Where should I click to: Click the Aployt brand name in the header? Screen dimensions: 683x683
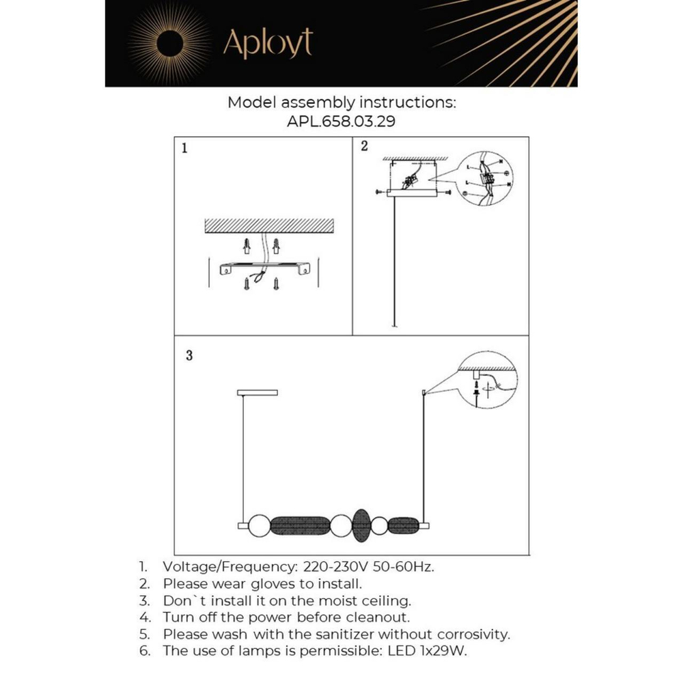point(268,44)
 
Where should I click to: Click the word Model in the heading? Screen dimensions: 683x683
point(251,103)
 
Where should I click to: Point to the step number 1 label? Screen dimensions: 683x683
point(184,148)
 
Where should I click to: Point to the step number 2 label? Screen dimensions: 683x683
point(364,145)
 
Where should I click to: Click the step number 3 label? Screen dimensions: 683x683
point(189,355)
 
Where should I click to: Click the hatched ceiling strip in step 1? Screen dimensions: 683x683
point(268,226)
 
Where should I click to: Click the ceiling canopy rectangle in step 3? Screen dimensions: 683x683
point(257,393)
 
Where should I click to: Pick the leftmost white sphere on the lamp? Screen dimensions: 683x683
point(259,526)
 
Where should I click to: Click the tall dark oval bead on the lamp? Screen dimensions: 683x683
point(361,526)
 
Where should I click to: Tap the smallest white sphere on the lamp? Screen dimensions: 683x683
point(380,526)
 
